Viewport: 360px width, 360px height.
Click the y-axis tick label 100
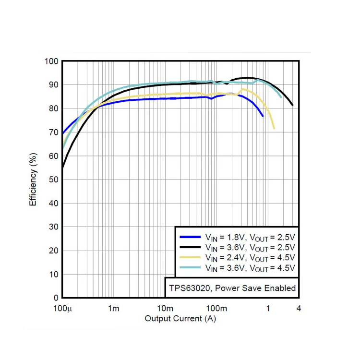[x=52, y=61]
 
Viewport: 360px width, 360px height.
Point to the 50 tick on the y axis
[x=54, y=180]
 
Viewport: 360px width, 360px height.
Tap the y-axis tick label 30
[x=54, y=227]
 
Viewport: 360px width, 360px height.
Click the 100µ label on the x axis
[x=62, y=308]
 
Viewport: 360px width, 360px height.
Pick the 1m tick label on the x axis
[x=113, y=308]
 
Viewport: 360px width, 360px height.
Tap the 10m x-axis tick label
[x=165, y=308]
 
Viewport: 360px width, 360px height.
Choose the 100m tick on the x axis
[x=216, y=308]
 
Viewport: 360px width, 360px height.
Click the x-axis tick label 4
[x=299, y=308]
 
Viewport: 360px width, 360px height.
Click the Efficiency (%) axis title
[x=33, y=180]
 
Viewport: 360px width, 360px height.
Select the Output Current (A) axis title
[x=180, y=318]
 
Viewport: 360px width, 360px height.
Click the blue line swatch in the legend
[x=190, y=237]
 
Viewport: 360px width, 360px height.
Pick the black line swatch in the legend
[x=190, y=247]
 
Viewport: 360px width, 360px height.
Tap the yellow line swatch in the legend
[x=190, y=257]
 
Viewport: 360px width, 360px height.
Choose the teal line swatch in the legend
[x=190, y=267]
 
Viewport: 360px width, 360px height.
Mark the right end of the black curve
[x=292, y=105]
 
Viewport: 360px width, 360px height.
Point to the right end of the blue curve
[x=263, y=116]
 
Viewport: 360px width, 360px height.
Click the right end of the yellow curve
[x=274, y=128]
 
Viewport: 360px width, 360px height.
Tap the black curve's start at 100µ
[x=63, y=168]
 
